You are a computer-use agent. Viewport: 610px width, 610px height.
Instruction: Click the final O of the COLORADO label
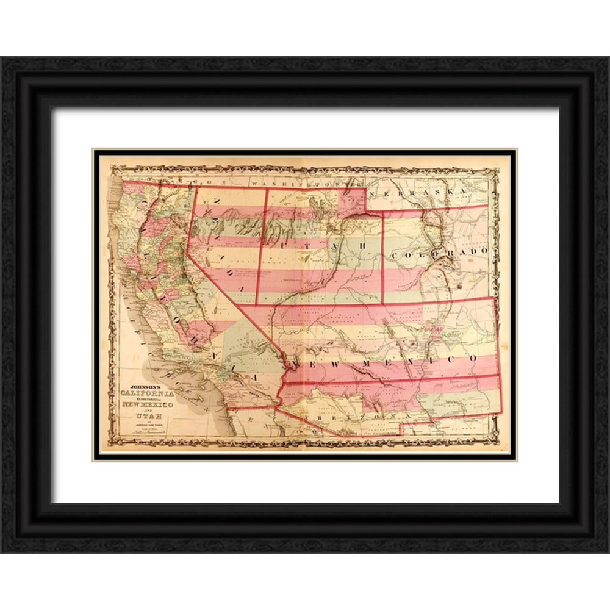(484, 250)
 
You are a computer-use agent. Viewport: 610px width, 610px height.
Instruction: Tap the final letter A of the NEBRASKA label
(462, 192)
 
